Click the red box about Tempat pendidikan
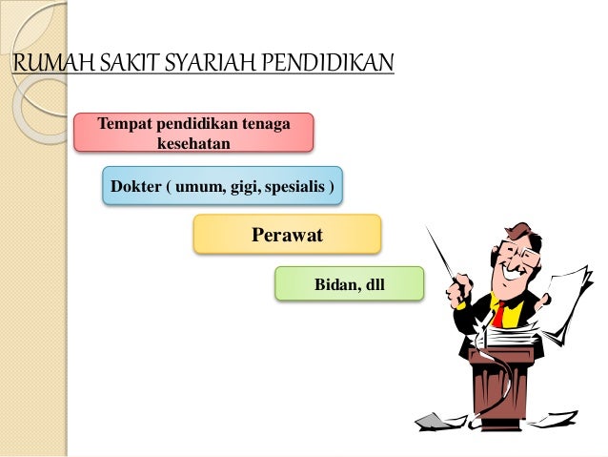coord(193,133)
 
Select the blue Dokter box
coord(222,186)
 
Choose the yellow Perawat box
coord(287,234)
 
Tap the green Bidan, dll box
coord(349,284)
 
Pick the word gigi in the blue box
coord(244,186)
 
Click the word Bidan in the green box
coord(334,284)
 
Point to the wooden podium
coord(499,382)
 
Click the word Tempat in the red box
coord(120,123)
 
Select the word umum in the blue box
coord(199,186)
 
